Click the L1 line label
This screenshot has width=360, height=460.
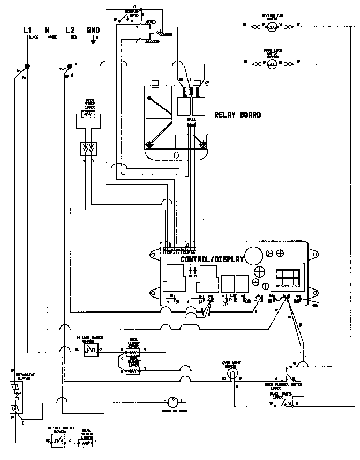pyautogui.click(x=27, y=31)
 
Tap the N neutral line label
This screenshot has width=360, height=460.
pyautogui.click(x=47, y=31)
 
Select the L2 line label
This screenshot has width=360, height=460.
pyautogui.click(x=70, y=31)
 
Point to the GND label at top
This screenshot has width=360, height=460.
pyautogui.click(x=94, y=31)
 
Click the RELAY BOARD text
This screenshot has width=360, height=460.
pyautogui.click(x=237, y=115)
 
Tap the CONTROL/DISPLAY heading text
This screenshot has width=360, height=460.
pyautogui.click(x=212, y=259)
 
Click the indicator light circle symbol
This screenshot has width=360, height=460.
pyautogui.click(x=171, y=402)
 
